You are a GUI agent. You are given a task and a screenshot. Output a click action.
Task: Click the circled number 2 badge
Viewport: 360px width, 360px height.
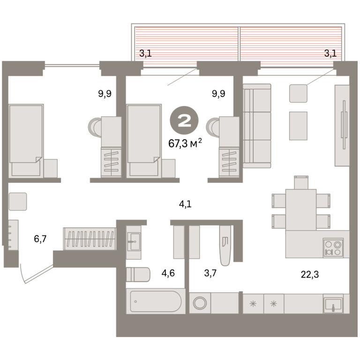(184, 120)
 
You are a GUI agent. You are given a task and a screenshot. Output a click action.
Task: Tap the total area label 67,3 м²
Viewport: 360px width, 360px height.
(185, 143)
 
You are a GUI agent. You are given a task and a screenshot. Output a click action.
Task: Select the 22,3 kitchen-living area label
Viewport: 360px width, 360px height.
(310, 274)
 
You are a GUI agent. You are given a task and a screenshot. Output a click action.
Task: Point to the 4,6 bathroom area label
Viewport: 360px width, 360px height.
(168, 273)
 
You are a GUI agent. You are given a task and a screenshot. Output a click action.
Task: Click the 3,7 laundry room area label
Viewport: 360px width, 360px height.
(210, 273)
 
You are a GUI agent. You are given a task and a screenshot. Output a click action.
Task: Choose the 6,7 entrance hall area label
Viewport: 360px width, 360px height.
(40, 239)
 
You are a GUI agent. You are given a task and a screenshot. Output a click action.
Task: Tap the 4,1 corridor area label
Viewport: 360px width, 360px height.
(185, 204)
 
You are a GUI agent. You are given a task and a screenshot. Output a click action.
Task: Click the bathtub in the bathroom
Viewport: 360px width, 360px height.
(156, 301)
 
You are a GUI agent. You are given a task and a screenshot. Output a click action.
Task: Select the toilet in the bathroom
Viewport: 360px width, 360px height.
(138, 274)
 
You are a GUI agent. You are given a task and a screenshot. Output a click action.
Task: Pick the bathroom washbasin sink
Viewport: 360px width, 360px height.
(134, 242)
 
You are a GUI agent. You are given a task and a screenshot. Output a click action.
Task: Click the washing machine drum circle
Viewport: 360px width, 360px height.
(200, 303)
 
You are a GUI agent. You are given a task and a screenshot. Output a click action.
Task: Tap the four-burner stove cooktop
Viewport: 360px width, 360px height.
(333, 247)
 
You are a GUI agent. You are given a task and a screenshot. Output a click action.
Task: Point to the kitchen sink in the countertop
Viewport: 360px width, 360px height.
(333, 304)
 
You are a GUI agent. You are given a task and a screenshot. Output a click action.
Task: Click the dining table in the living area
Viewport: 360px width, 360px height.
(301, 210)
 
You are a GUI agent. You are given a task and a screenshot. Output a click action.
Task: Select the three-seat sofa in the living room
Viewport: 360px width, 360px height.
(257, 126)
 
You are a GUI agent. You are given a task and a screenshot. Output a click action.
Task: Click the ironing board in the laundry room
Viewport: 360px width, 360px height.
(225, 246)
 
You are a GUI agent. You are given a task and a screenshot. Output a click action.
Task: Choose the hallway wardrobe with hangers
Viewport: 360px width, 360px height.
(90, 239)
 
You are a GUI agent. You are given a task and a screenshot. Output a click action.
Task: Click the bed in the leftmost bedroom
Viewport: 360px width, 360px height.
(26, 141)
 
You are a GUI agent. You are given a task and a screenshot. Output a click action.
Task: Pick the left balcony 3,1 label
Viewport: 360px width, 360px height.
(146, 53)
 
